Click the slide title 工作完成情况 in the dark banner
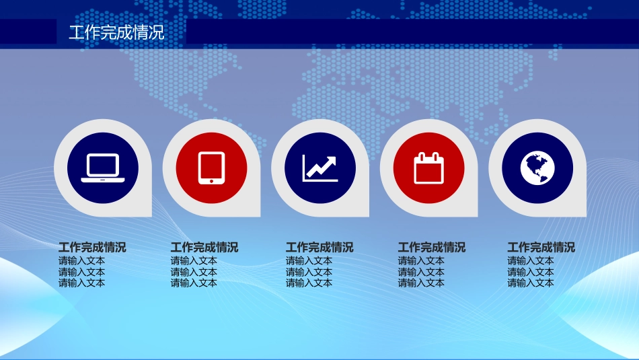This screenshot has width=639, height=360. coord(116,32)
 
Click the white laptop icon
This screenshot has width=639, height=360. coord(103,168)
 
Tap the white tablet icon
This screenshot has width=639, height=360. coord(211,168)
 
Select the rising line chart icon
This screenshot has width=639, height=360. coord(319,168)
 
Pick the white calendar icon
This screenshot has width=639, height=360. coord(428,168)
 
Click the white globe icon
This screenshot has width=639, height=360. coord(537,168)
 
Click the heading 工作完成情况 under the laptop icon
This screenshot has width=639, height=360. coord(92,247)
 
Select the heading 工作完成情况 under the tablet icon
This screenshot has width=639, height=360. coord(204,247)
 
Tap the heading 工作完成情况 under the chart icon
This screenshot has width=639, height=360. coord(319,247)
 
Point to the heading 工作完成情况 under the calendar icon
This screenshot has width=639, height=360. coord(432,247)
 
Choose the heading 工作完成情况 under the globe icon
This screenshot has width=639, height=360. coord(541,247)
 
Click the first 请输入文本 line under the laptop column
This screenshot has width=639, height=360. coord(81,260)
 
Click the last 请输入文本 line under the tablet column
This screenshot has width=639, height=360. coord(194,283)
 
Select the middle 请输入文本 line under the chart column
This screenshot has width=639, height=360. coord(309,272)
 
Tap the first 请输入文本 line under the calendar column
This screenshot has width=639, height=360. coord(421,260)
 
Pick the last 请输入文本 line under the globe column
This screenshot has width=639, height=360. coord(531,283)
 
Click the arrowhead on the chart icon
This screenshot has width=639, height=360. coord(332,161)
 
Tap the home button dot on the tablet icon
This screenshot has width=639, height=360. coord(211,180)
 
